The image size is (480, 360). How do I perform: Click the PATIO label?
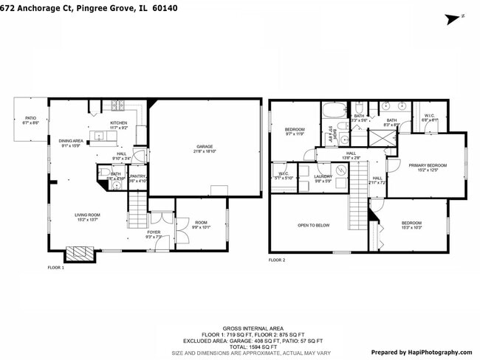(x=30, y=118)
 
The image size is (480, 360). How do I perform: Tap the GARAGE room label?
(x=205, y=147)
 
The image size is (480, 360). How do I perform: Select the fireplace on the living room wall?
(x=79, y=255)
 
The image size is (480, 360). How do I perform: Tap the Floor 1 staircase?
(x=138, y=200)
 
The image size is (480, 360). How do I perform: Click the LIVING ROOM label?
(x=87, y=215)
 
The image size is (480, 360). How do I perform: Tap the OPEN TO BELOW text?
(x=313, y=225)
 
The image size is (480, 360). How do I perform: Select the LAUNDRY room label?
(x=323, y=176)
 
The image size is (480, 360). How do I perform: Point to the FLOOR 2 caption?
(x=276, y=260)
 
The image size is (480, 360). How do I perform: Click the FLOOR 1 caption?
(x=56, y=267)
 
